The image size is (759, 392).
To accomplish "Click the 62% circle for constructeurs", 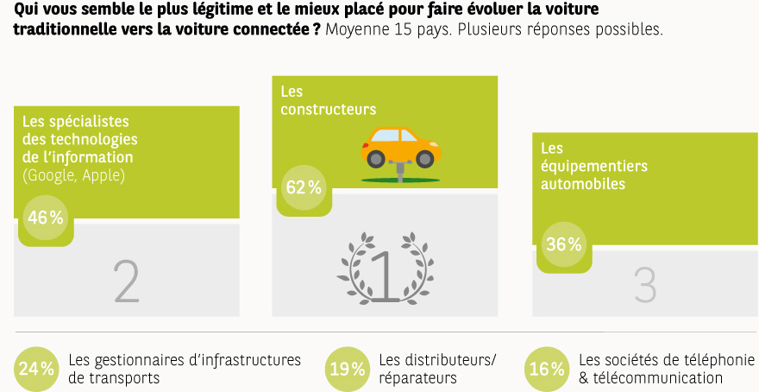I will pyautogui.click(x=304, y=187).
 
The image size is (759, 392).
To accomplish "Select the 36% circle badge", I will pyautogui.click(x=564, y=244).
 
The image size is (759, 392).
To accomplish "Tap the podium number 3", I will pyautogui.click(x=645, y=285).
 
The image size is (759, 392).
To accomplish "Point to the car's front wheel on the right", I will pyautogui.click(x=425, y=159).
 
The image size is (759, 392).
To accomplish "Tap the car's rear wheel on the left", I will pyautogui.click(x=376, y=159).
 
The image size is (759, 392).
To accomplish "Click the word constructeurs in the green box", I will pyautogui.click(x=328, y=110).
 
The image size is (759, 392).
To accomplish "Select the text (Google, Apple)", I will pyautogui.click(x=73, y=174).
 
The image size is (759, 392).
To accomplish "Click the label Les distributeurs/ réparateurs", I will pyautogui.click(x=437, y=369).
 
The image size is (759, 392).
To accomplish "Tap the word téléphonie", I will pyautogui.click(x=720, y=359).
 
